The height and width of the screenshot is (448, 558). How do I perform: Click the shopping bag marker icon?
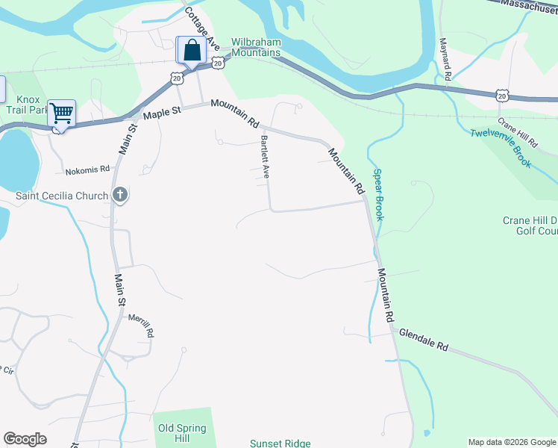click(x=191, y=50)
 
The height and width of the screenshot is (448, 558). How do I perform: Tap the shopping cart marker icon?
click(x=61, y=113)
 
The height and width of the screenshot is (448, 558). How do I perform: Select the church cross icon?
click(x=119, y=196)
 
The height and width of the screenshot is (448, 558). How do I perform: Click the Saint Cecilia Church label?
click(x=63, y=196)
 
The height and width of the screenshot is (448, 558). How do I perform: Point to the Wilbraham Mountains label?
click(x=255, y=48)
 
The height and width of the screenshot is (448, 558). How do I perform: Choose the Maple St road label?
click(x=162, y=113)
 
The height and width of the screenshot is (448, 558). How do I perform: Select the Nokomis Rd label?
click(x=87, y=170)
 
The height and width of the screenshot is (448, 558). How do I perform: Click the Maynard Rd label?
click(x=446, y=59)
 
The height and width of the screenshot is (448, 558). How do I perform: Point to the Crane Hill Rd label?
click(x=518, y=132)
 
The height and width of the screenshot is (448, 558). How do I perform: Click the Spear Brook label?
click(x=377, y=193)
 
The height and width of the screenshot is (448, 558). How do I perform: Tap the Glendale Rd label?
click(x=423, y=340)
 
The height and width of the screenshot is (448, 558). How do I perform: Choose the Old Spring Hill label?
click(x=182, y=434)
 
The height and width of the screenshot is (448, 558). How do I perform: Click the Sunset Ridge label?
click(x=277, y=443)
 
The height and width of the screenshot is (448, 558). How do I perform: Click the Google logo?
click(x=25, y=439)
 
